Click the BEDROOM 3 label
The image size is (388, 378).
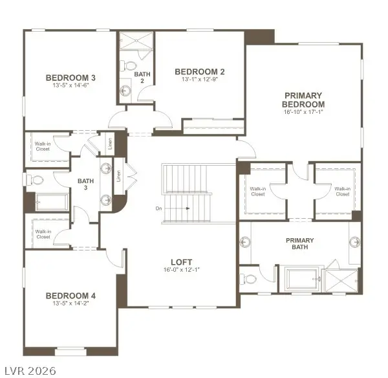pyautogui.click(x=70, y=78)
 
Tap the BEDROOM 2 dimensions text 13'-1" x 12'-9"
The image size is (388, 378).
pyautogui.click(x=199, y=79)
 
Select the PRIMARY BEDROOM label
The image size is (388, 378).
pyautogui.click(x=303, y=100)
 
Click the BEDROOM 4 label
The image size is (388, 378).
pyautogui.click(x=70, y=296)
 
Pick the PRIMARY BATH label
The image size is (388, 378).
pyautogui.click(x=300, y=244)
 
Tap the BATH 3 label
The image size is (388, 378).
pyautogui.click(x=86, y=184)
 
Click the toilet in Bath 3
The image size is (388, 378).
pyautogui.click(x=36, y=179)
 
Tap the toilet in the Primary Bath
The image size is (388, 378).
pyautogui.click(x=250, y=280)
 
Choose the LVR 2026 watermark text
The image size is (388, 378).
pyautogui.click(x=28, y=370)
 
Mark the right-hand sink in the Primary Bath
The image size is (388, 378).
pyautogui.click(x=354, y=241)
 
